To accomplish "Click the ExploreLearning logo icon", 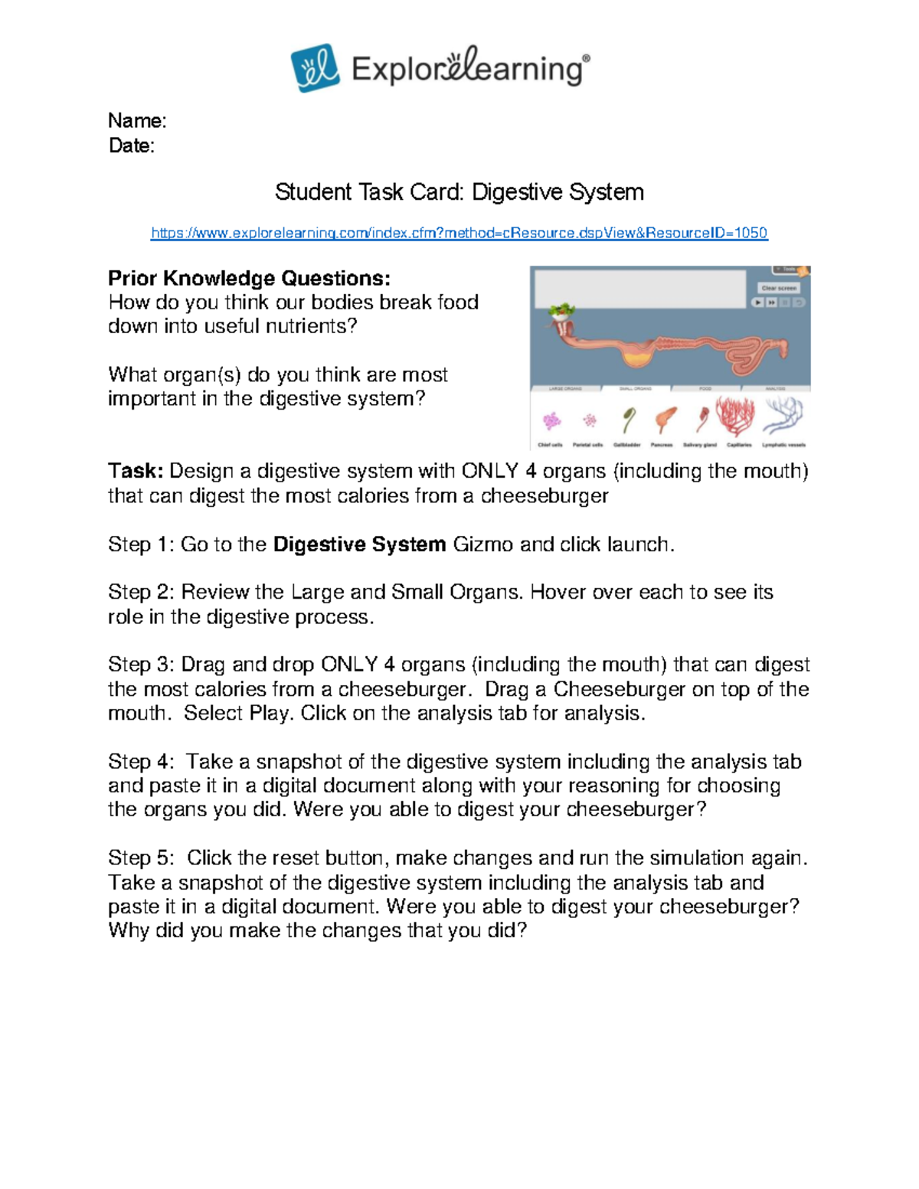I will tap(314, 67).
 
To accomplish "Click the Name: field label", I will tap(137, 121).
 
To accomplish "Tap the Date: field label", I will tap(132, 145).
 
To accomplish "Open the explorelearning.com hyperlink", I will tap(459, 233).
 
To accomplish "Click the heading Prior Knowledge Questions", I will tap(249, 278).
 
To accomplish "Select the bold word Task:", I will tap(136, 471).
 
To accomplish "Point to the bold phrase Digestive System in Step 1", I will tap(359, 544).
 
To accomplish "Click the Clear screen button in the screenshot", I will tap(779, 288).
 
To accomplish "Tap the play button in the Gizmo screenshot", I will tap(757, 302).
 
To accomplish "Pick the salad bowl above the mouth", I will tap(562, 310).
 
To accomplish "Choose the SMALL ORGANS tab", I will tap(636, 388).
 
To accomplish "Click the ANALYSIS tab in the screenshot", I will tap(775, 388).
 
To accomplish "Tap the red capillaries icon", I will tap(735, 416).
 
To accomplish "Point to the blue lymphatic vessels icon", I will tap(783, 416).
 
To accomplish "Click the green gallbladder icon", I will tap(628, 420).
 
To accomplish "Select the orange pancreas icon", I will tap(665, 420).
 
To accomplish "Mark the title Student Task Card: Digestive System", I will tap(459, 191).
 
